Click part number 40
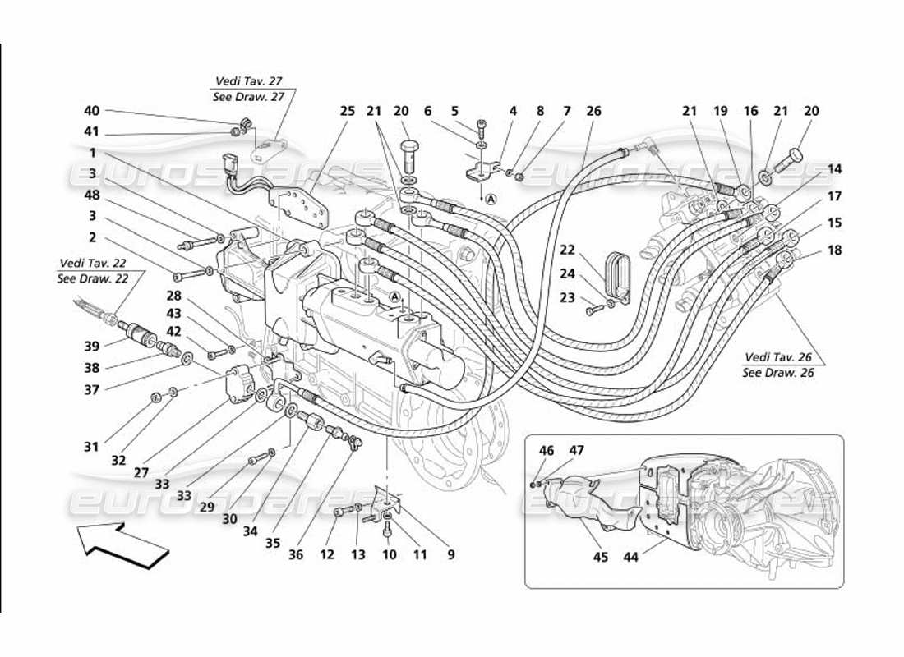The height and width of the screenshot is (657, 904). click(91, 111)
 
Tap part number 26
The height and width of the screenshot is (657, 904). click(593, 111)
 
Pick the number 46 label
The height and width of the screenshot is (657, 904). click(547, 450)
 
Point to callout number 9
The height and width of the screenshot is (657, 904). click(450, 554)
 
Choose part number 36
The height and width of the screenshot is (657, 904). click(296, 554)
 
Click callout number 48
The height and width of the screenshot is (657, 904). click(91, 195)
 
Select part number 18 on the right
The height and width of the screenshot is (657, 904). click(835, 250)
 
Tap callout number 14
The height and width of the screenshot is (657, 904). click(835, 168)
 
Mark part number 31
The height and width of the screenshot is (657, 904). click(91, 447)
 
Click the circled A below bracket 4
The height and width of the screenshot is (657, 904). click(491, 198)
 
